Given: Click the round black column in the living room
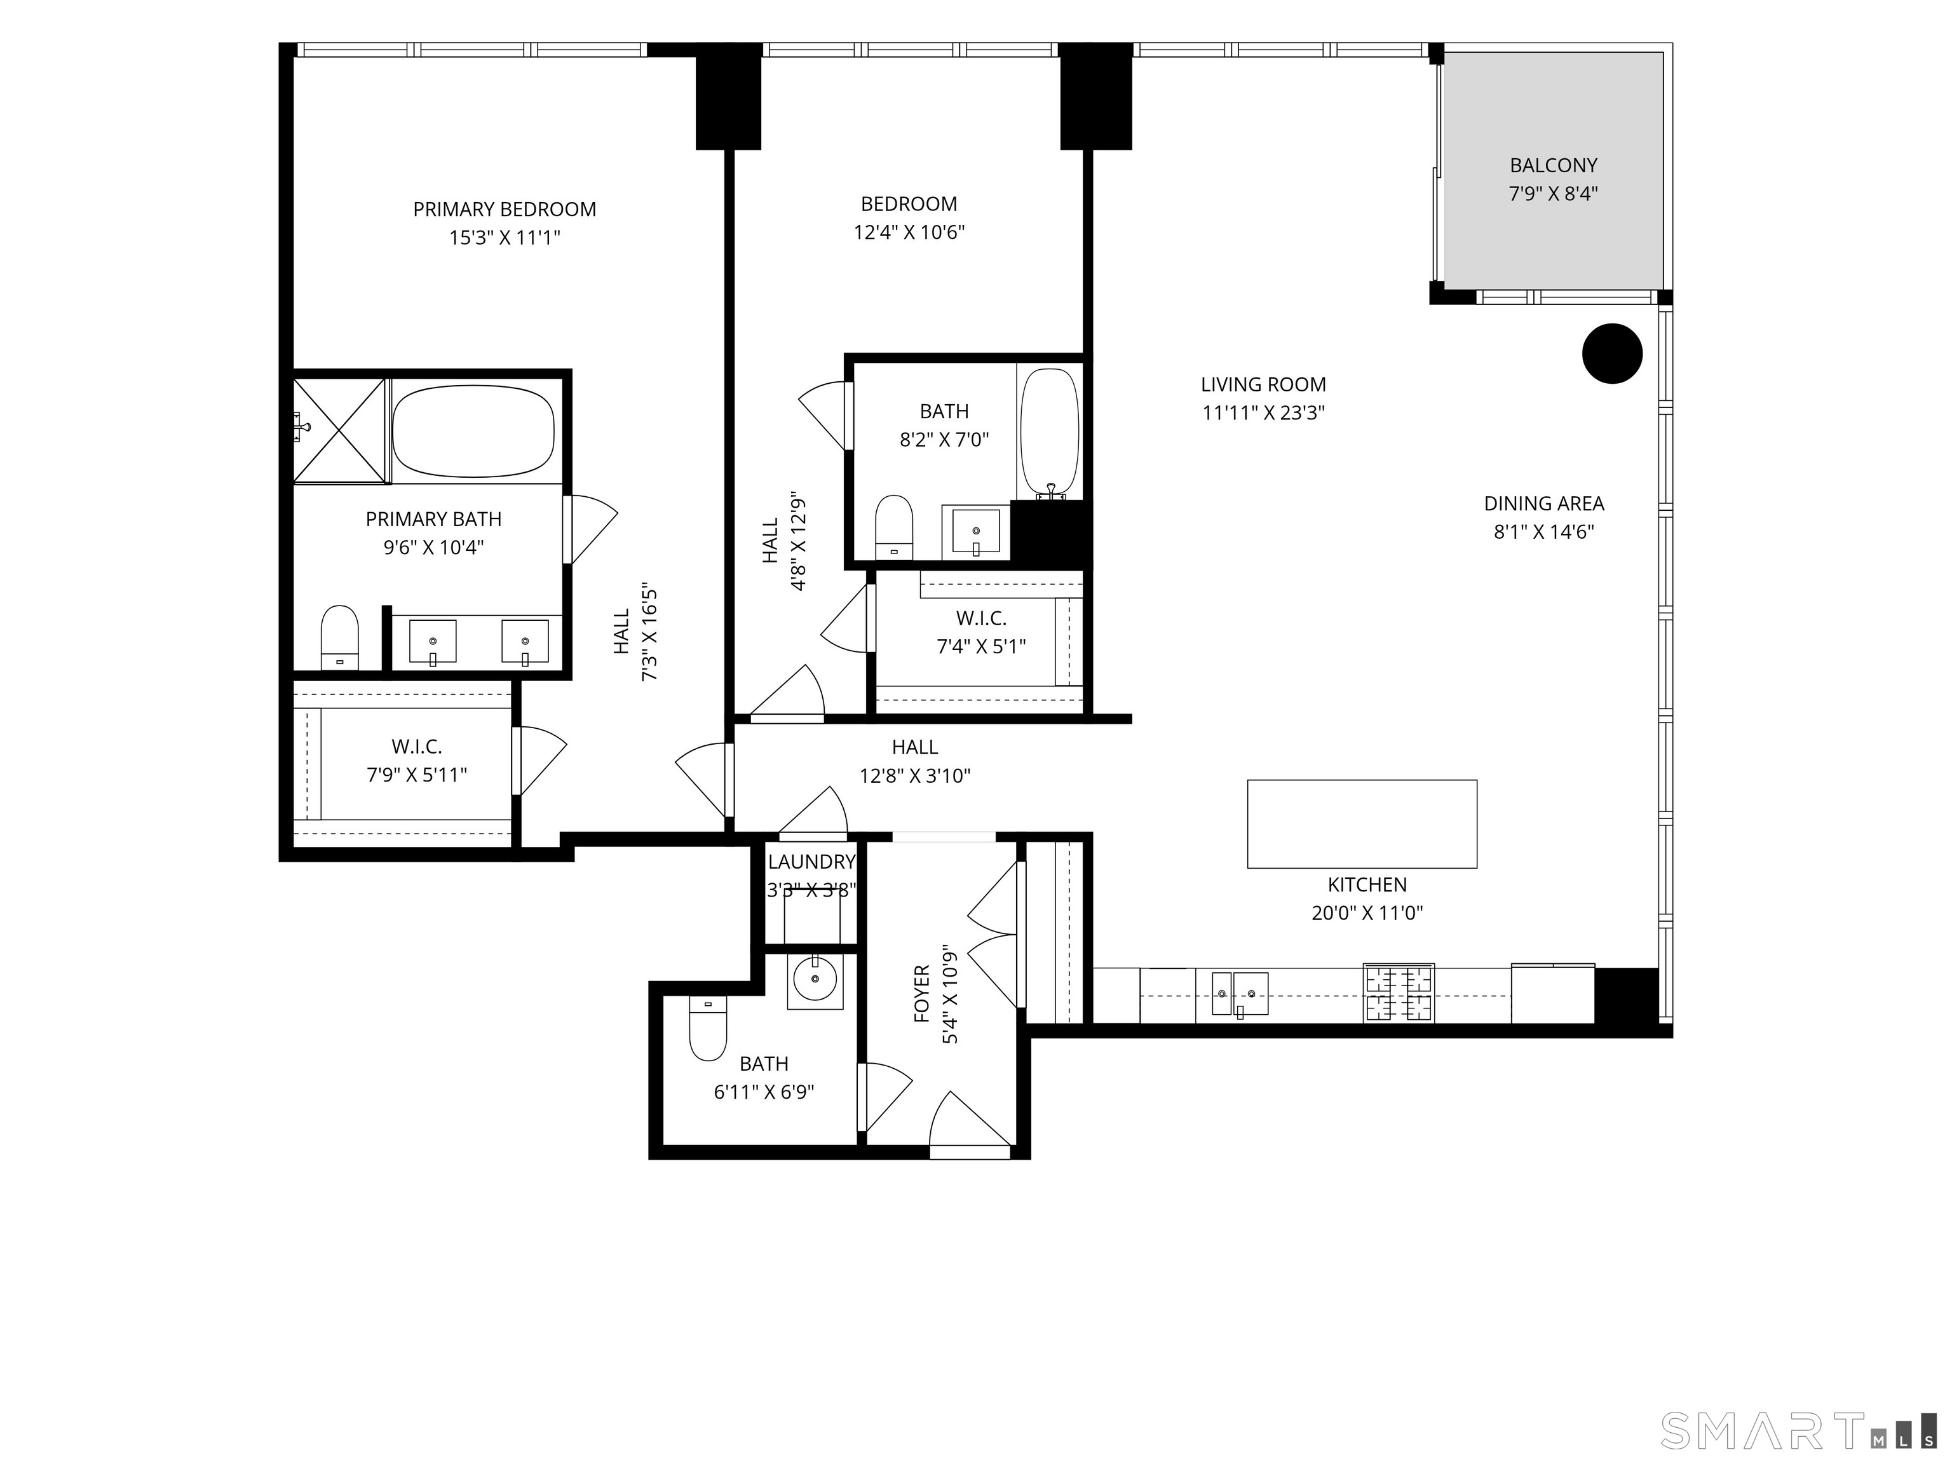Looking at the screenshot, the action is pos(1611,354).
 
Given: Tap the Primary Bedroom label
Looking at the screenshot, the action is pos(505,209).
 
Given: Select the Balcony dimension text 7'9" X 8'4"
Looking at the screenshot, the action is pos(1553,193).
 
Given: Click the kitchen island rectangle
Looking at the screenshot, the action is pos(1362,823).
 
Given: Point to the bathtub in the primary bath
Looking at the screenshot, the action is pos(473,431).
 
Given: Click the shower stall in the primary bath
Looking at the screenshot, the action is pos(340,431).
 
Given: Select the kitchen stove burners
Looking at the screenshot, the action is pos(1399,992).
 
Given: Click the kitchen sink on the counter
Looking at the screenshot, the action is pos(1240,994).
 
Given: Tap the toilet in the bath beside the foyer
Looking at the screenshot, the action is pos(707,1028).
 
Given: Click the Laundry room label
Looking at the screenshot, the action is pos(811,861).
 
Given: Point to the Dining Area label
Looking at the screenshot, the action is pos(1543,503).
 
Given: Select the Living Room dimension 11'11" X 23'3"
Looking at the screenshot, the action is pos(1264,412).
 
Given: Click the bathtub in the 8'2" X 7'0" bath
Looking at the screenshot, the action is pos(1049,433).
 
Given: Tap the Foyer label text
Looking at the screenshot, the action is pos(922,994).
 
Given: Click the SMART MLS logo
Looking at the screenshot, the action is pos(1798,1430).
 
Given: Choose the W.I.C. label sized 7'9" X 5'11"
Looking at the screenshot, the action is pos(417,747).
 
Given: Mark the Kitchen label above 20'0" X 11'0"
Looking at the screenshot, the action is pos(1367,884).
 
